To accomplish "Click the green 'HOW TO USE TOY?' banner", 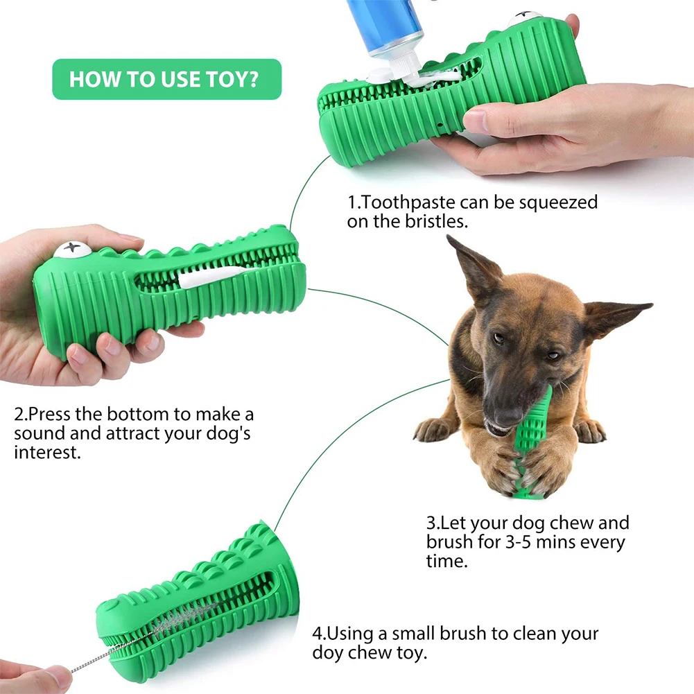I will click(x=166, y=79).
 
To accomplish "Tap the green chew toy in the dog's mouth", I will click(x=535, y=447).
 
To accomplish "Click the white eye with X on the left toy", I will click(x=71, y=249).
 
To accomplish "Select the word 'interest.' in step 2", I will click(x=47, y=453).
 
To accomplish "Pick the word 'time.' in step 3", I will click(x=446, y=561).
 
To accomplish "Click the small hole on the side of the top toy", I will click(x=441, y=126).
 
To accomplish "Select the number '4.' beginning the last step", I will click(x=319, y=633).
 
